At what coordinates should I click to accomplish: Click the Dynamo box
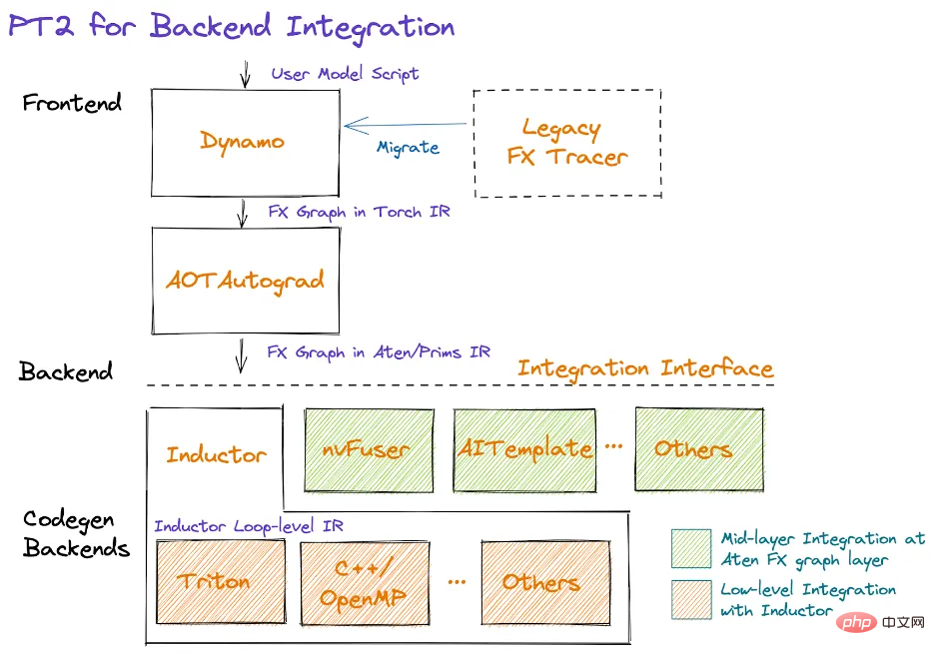tap(243, 142)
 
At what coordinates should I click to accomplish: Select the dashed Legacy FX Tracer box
tap(567, 142)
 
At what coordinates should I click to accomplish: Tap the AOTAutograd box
tap(245, 281)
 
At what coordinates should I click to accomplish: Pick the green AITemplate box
tap(524, 449)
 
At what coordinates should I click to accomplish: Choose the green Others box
tap(698, 449)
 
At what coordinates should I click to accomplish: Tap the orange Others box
tap(545, 581)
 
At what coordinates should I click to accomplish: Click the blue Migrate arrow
tap(405, 126)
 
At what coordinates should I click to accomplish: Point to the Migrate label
tap(408, 148)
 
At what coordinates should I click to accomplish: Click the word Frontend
tap(72, 103)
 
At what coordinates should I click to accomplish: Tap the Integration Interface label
tap(645, 367)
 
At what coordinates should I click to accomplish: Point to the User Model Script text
tap(346, 74)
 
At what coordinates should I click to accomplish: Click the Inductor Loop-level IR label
tap(248, 526)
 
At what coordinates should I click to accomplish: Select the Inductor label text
tap(216, 455)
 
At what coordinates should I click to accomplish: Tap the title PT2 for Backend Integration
tap(232, 27)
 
